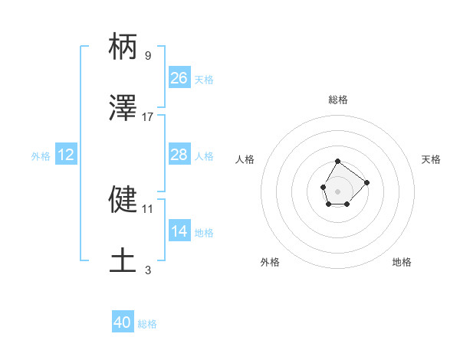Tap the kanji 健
click(x=123, y=199)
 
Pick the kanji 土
click(x=123, y=260)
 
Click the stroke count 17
click(x=148, y=116)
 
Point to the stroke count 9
click(x=147, y=56)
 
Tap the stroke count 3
click(x=147, y=270)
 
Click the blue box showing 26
click(x=179, y=78)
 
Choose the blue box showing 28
click(x=179, y=155)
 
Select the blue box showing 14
click(x=179, y=231)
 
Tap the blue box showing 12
click(x=65, y=155)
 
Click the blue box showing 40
click(x=123, y=322)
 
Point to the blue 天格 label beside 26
click(x=204, y=80)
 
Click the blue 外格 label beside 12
click(x=41, y=156)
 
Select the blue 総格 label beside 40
click(x=147, y=324)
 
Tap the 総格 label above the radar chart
click(x=338, y=100)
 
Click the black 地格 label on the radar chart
click(x=402, y=262)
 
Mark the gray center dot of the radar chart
click(x=337, y=190)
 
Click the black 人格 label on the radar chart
click(x=245, y=159)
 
